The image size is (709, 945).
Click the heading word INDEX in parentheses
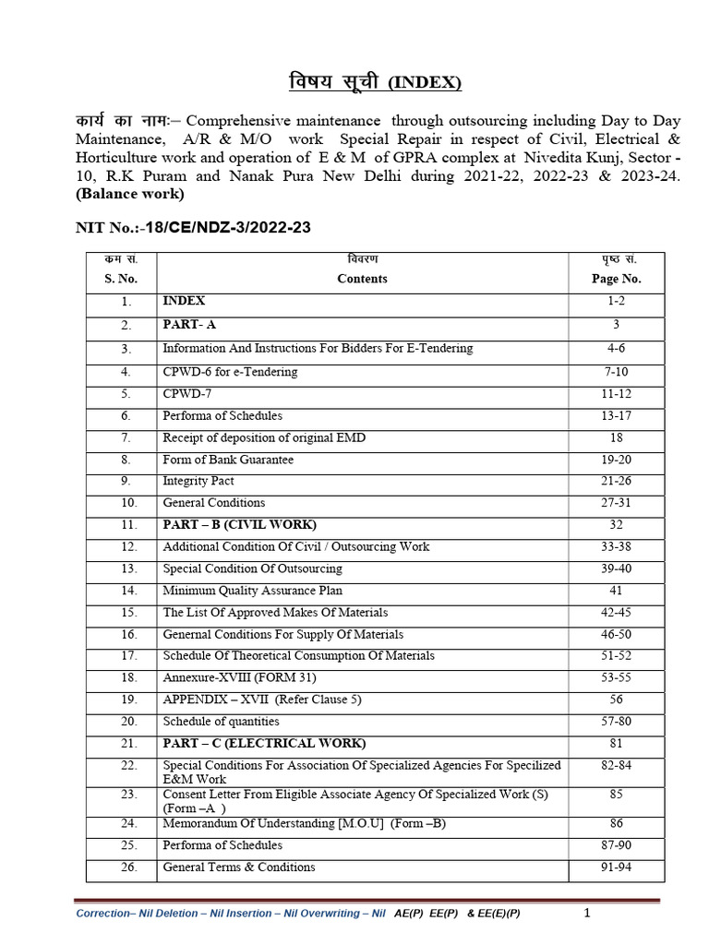424,84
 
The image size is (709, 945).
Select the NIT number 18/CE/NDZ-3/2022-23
218,227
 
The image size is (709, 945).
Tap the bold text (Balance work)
129,194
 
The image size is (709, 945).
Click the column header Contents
362,279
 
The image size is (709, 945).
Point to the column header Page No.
616,279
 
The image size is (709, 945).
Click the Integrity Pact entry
198,481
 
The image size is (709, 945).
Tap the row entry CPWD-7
185,393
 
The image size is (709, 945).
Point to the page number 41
616,591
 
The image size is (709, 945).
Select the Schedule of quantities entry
221,722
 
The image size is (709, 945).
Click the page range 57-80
616,722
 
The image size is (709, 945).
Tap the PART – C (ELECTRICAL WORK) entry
264,743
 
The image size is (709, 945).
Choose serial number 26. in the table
128,867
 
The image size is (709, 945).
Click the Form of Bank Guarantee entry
228,459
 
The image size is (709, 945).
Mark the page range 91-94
616,867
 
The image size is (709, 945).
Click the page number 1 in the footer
587,913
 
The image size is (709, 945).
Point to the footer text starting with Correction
231,914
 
